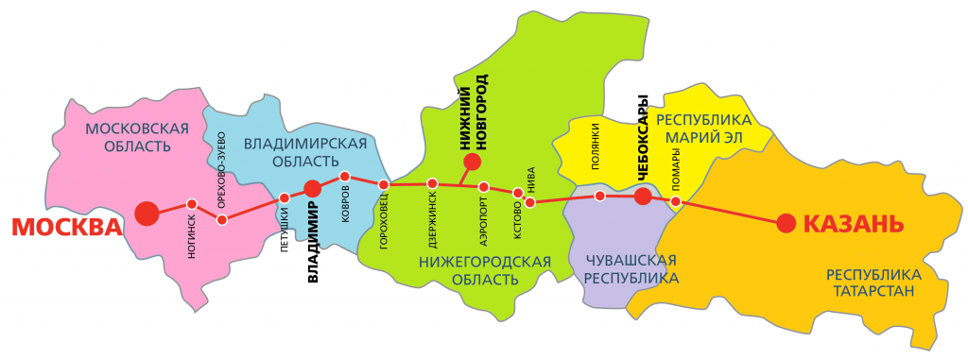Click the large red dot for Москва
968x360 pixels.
[147, 214]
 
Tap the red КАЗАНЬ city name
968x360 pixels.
[854, 224]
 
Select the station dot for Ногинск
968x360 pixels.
[192, 204]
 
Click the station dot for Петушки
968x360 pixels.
[285, 197]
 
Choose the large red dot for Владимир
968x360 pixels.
[313, 189]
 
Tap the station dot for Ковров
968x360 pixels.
[345, 177]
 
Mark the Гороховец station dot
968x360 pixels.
[384, 184]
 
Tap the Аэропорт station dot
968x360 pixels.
[484, 187]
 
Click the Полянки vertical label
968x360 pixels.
[596, 147]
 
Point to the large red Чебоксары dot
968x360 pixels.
[643, 197]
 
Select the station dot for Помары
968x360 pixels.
[676, 201]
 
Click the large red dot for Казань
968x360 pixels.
[786, 223]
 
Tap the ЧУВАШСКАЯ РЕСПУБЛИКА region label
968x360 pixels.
[631, 269]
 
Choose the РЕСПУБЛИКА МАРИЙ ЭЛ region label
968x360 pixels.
[704, 129]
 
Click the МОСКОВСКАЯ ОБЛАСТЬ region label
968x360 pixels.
[137, 137]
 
